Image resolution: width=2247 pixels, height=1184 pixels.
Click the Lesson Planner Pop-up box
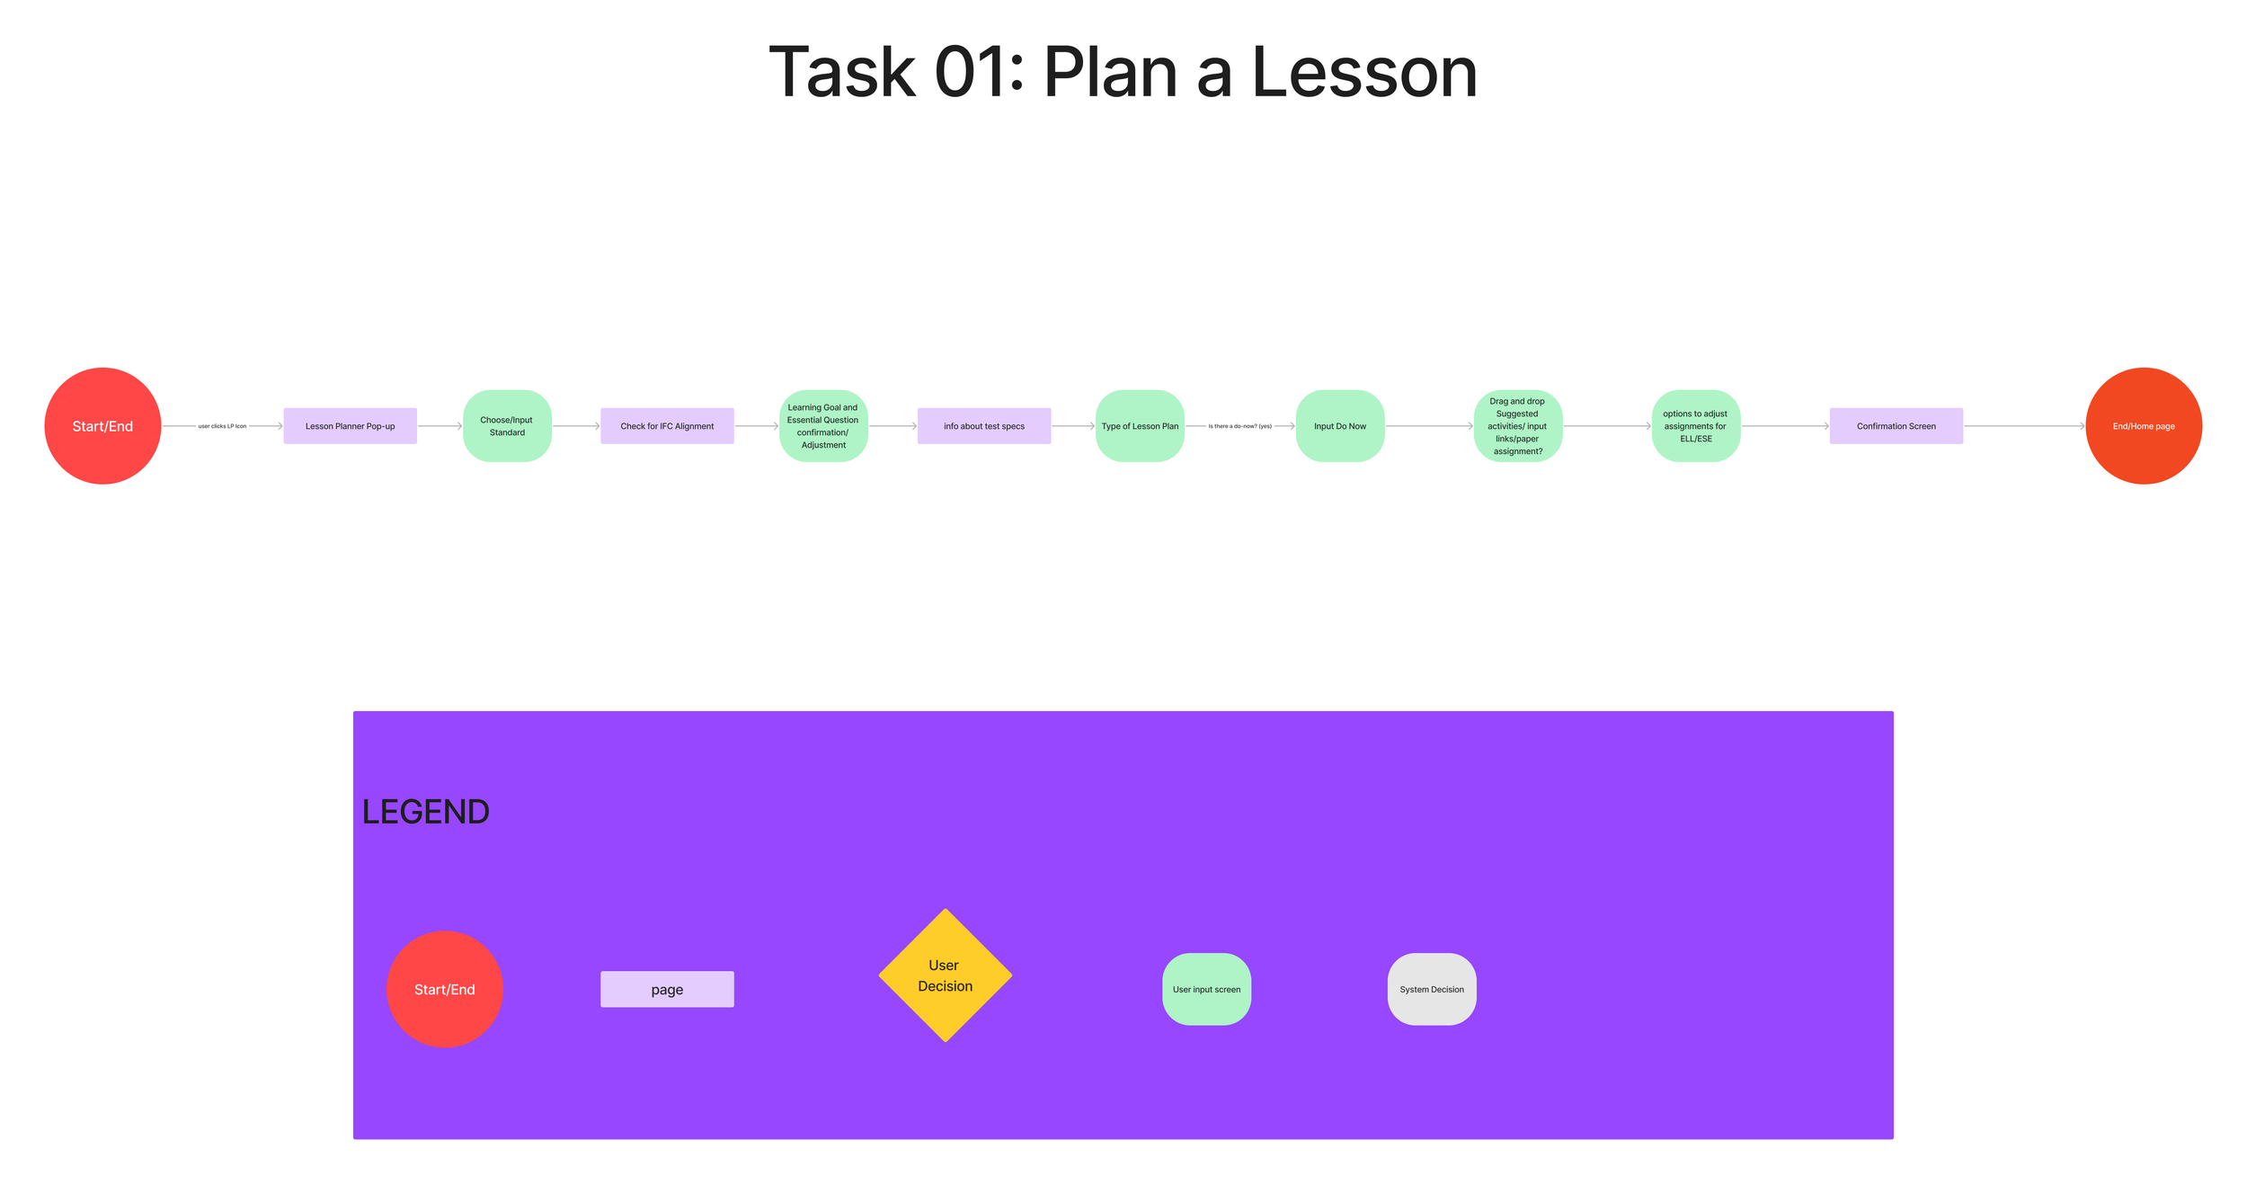click(x=350, y=426)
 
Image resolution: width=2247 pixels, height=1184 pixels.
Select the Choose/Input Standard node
click(x=507, y=426)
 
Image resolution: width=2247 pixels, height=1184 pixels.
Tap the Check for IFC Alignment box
click(x=667, y=426)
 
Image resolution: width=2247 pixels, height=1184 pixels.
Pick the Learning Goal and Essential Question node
click(x=823, y=426)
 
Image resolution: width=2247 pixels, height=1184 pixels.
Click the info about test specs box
click(x=983, y=426)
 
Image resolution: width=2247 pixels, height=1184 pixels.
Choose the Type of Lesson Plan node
click(x=1140, y=426)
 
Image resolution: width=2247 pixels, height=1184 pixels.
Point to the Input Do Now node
click(x=1339, y=426)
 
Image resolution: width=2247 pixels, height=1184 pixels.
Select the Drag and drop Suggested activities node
click(x=1517, y=426)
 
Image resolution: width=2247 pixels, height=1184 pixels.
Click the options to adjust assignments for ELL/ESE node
click(x=1695, y=426)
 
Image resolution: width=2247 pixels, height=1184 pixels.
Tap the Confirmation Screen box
click(x=1896, y=426)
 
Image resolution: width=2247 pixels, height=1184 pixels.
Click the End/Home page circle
click(x=2143, y=426)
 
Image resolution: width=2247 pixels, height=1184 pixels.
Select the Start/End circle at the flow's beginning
click(x=102, y=426)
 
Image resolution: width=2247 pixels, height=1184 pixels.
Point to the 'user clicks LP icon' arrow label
click(x=222, y=426)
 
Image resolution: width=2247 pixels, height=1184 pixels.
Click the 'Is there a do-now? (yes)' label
click(x=1239, y=426)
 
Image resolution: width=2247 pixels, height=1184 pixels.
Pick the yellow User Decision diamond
click(x=945, y=975)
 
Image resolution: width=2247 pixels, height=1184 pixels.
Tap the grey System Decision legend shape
click(x=1431, y=989)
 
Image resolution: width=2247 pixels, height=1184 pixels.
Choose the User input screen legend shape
click(x=1206, y=989)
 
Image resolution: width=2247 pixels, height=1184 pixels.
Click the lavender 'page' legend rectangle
click(x=667, y=989)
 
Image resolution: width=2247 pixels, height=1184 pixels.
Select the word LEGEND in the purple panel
click(x=425, y=812)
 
